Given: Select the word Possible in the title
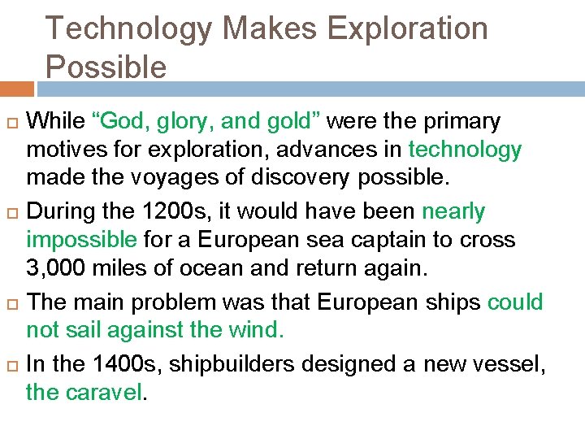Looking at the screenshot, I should pos(106,67).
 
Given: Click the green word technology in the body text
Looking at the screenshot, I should pos(465,150).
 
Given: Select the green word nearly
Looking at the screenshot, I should pos(453,212).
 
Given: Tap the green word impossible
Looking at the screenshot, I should pos(81,241).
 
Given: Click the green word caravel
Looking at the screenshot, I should pos(104,393).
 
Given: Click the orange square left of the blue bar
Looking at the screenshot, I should pos(16,89).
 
